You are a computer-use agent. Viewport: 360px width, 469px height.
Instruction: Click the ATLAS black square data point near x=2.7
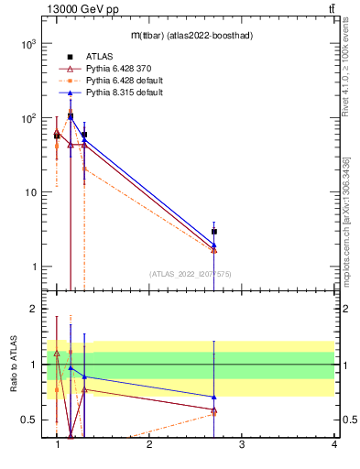pyautogui.click(x=214, y=232)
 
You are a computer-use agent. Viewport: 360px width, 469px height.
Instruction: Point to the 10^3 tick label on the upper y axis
pyautogui.click(x=28, y=44)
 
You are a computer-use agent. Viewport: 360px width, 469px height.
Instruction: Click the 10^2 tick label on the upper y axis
pyautogui.click(x=28, y=118)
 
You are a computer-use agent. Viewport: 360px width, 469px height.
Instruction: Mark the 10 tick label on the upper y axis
pyautogui.click(x=30, y=192)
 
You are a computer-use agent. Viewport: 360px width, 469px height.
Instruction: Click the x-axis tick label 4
pyautogui.click(x=333, y=445)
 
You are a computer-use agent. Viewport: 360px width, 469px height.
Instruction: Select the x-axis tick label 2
pyautogui.click(x=149, y=445)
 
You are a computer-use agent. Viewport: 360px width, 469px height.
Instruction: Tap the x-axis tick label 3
pyautogui.click(x=241, y=445)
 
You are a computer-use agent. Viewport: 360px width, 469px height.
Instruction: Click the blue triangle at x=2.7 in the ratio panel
pyautogui.click(x=214, y=397)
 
